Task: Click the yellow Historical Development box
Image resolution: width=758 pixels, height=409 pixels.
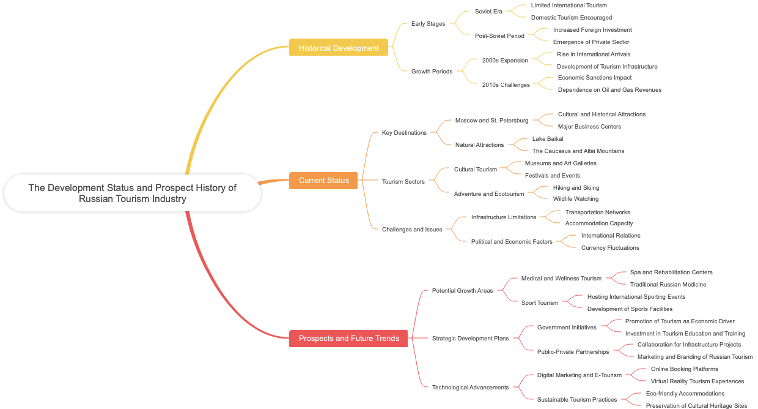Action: tap(338, 48)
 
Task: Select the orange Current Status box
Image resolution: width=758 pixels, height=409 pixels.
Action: tap(323, 181)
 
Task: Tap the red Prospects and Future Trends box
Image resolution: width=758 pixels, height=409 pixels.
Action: tap(348, 339)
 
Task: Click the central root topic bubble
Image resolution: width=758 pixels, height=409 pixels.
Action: tap(132, 193)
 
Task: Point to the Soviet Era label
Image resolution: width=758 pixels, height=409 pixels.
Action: tap(488, 12)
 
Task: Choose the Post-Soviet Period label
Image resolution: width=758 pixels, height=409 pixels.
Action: tap(499, 36)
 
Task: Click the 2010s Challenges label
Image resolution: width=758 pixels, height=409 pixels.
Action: tap(506, 85)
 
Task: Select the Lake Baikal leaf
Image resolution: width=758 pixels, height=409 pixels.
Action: tap(548, 139)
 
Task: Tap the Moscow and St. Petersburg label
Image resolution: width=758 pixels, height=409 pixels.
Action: tap(491, 121)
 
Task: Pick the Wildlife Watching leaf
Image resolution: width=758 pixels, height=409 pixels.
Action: tap(575, 199)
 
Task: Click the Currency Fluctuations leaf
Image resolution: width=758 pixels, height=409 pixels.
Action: tap(610, 248)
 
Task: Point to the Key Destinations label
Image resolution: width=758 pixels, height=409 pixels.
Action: tap(404, 133)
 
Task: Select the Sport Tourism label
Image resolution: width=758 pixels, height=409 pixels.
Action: tap(539, 303)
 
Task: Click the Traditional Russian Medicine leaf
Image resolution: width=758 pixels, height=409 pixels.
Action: tap(668, 285)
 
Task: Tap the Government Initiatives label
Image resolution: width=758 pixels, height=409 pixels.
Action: tap(567, 328)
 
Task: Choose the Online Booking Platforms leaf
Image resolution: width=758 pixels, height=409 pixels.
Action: tap(684, 369)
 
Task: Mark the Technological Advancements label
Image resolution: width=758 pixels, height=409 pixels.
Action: tap(470, 388)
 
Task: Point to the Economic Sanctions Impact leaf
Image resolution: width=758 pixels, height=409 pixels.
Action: tap(594, 78)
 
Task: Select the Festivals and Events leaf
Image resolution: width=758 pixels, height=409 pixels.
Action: tap(552, 176)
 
